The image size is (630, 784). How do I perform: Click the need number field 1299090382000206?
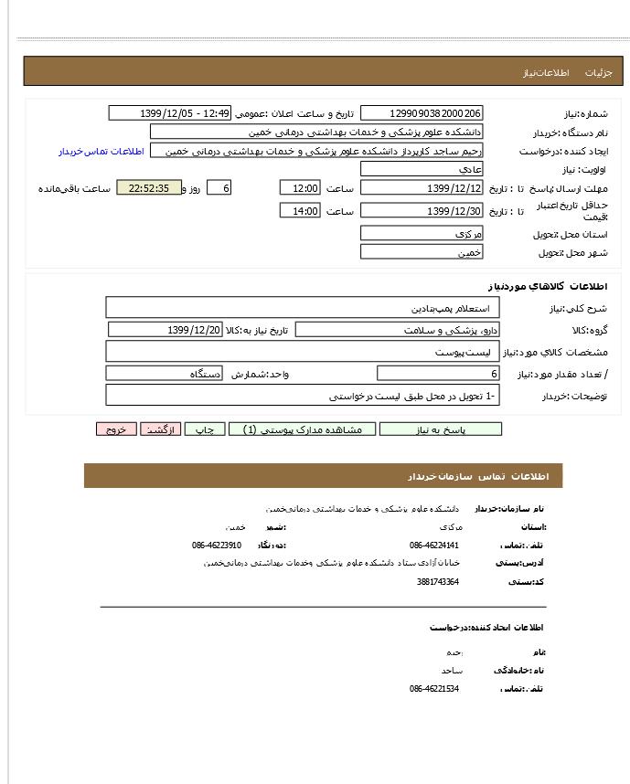coord(422,113)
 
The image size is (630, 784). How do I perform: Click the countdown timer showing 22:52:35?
coord(149,188)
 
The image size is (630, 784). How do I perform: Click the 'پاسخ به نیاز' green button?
coord(441,429)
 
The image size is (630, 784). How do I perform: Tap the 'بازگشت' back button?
coord(161,429)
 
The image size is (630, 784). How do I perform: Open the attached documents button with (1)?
coord(301,429)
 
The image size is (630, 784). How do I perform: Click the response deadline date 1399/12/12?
coord(422,188)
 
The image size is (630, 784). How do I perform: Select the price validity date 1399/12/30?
coord(422,211)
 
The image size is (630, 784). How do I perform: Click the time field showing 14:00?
coord(300,211)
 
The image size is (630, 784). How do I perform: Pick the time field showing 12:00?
coord(300,188)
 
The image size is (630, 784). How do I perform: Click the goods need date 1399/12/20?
coord(166,329)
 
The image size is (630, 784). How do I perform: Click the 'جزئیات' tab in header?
coord(597,71)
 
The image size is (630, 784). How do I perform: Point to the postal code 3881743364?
coord(438,581)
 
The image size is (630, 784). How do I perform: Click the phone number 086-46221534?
coord(434,688)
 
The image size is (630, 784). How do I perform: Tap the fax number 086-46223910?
coord(217,545)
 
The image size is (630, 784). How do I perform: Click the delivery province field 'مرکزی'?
coord(422,234)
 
